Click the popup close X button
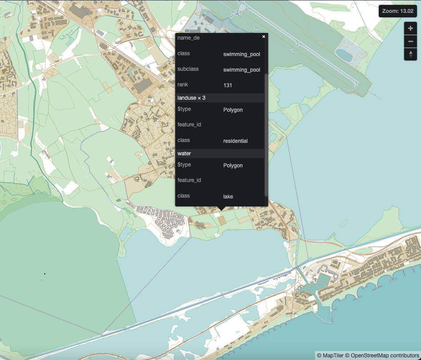pyautogui.click(x=263, y=36)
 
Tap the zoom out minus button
pyautogui.click(x=410, y=41)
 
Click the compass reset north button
pyautogui.click(x=410, y=54)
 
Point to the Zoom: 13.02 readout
pyautogui.click(x=397, y=11)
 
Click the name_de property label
pyautogui.click(x=189, y=38)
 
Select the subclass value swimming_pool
pyautogui.click(x=242, y=70)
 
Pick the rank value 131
pyautogui.click(x=228, y=85)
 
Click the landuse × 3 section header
pyautogui.click(x=191, y=98)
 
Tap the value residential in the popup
pyautogui.click(x=235, y=141)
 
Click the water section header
pyautogui.click(x=184, y=154)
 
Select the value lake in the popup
pyautogui.click(x=228, y=196)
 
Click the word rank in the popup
pyautogui.click(x=183, y=85)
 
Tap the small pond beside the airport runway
pyautogui.click(x=344, y=55)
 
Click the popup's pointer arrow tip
pyautogui.click(x=221, y=210)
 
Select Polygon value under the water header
pyautogui.click(x=233, y=166)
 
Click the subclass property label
pyautogui.click(x=188, y=69)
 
